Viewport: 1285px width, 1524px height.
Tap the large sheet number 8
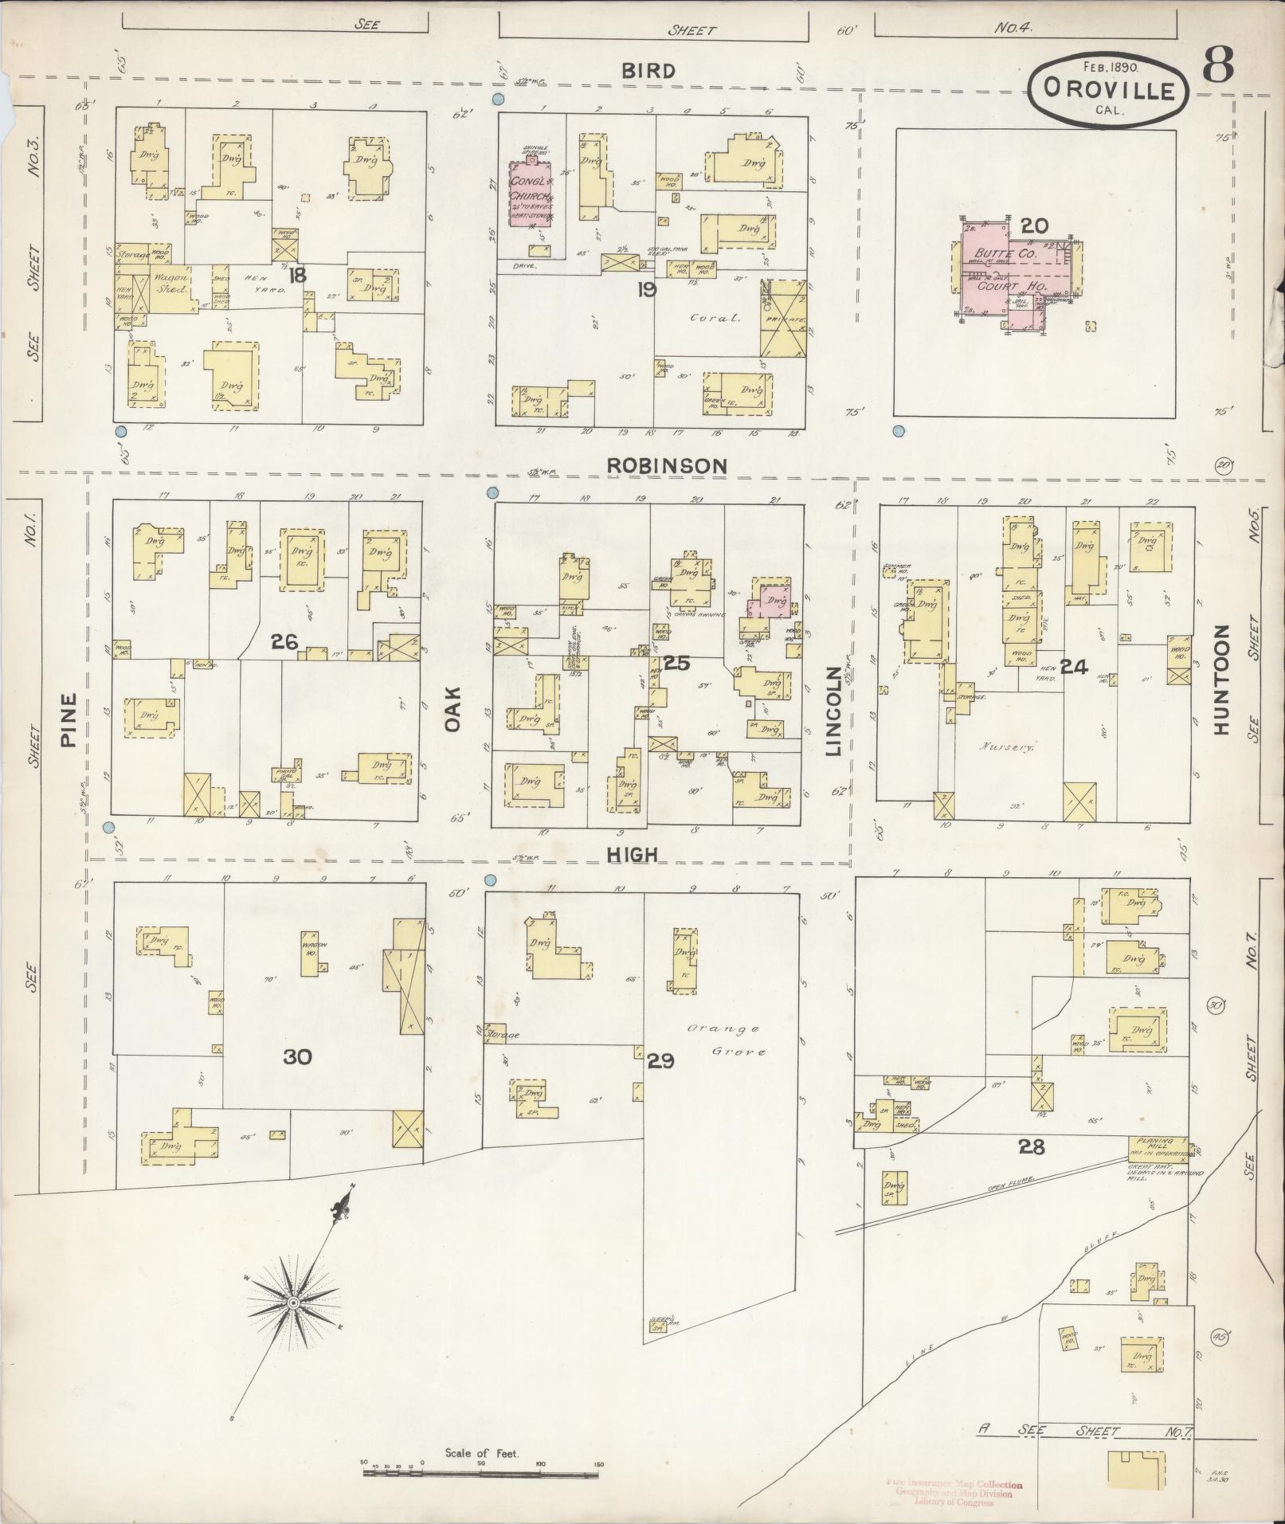click(x=1218, y=63)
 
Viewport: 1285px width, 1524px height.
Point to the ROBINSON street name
click(x=667, y=465)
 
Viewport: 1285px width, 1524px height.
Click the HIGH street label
click(x=633, y=855)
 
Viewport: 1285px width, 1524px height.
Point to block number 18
click(x=298, y=276)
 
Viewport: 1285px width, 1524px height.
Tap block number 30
click(x=297, y=1056)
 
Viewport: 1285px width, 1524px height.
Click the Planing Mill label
click(x=1156, y=1142)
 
